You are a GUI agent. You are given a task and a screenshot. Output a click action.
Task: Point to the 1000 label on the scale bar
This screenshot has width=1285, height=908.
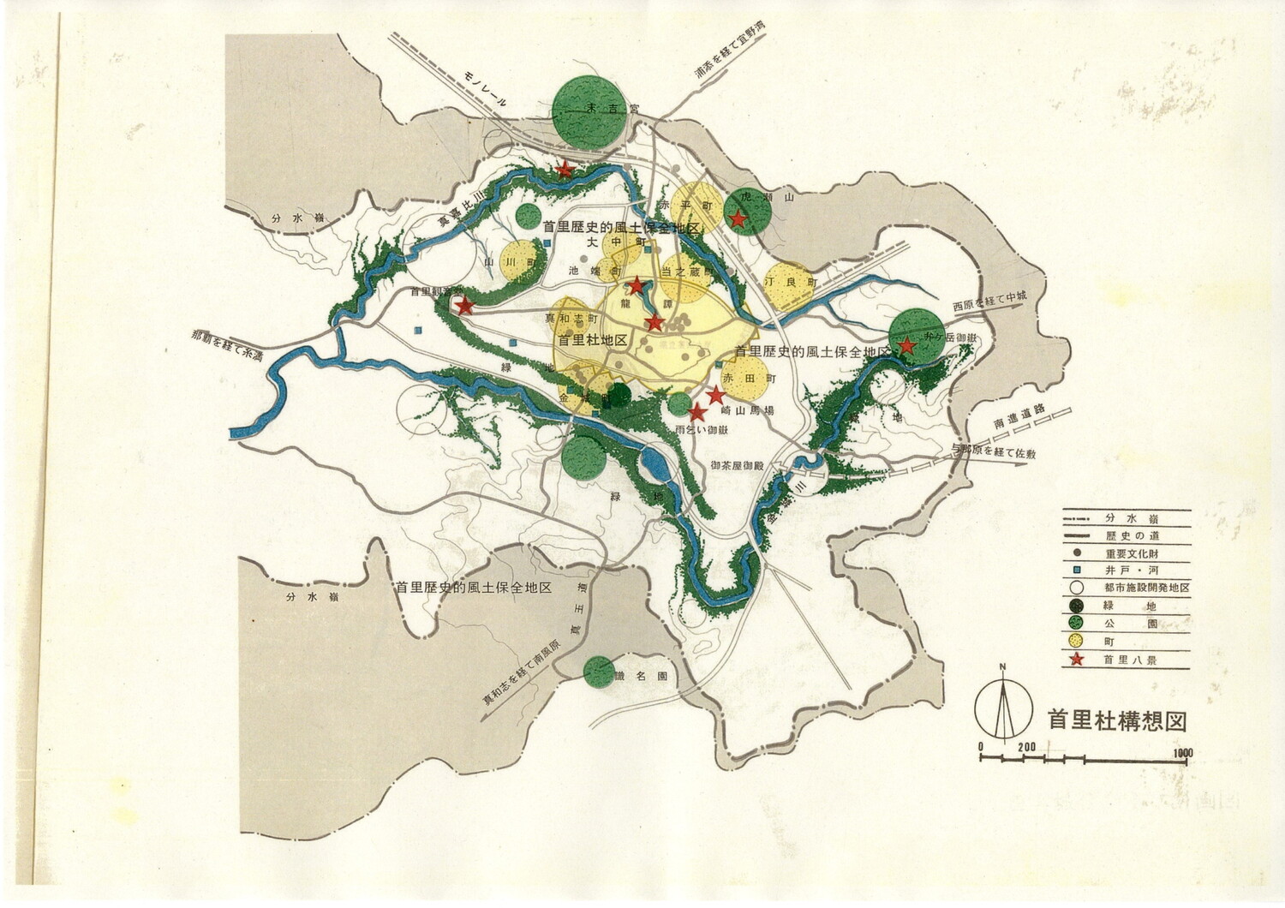coord(1183,753)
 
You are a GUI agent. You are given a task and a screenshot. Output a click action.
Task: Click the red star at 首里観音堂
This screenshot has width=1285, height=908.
coord(463,306)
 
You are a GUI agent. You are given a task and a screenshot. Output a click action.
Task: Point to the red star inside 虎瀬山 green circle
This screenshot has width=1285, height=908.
coord(738,219)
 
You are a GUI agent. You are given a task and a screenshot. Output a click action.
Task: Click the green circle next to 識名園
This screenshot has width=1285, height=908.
coord(598,672)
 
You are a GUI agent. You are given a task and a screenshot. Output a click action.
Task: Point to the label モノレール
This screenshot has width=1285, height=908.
coord(487,89)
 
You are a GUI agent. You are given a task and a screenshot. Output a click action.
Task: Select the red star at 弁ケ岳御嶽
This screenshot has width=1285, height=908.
coord(906,346)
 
